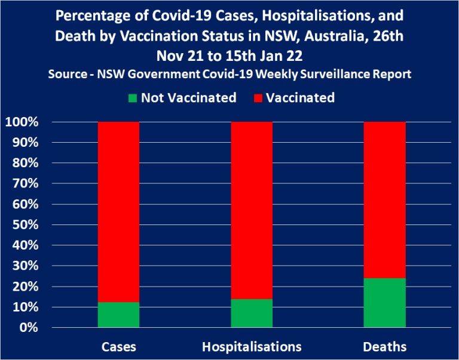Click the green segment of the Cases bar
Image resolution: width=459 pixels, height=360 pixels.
118,315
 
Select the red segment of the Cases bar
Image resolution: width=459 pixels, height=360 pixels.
118,212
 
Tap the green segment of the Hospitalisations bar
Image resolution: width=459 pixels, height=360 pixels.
252,313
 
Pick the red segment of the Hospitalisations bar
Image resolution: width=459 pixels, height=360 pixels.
252,210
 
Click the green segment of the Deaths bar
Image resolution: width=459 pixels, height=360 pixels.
385,303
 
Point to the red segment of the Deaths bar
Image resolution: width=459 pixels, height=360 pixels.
385,200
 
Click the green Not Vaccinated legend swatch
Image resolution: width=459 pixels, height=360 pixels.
133,98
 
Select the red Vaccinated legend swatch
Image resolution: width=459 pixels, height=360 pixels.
258,98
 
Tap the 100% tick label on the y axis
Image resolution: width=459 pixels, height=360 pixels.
22,122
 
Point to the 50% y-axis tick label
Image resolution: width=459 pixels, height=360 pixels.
25,225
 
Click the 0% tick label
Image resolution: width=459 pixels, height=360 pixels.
29,328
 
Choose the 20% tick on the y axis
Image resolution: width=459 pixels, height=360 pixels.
25,287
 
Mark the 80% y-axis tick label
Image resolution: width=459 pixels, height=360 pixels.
25,163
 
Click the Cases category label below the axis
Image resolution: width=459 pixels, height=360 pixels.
118,347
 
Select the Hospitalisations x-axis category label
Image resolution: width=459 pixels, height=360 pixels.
252,347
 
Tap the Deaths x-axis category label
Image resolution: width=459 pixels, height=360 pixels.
385,347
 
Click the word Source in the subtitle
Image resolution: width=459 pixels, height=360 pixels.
68,74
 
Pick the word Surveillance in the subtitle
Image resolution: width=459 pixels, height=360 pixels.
335,74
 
